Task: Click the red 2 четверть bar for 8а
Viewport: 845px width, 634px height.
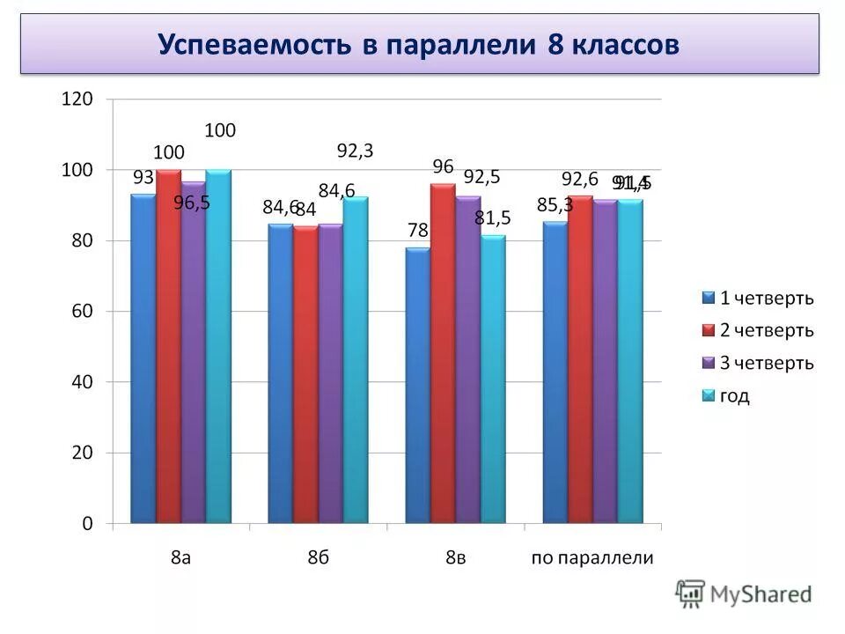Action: pyautogui.click(x=168, y=347)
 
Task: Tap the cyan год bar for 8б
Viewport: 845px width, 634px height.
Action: pyautogui.click(x=356, y=360)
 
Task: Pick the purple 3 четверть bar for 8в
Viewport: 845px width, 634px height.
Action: pyautogui.click(x=467, y=360)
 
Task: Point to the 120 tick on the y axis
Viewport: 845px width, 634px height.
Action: pyautogui.click(x=77, y=100)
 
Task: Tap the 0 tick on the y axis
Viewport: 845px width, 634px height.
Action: pyautogui.click(x=87, y=524)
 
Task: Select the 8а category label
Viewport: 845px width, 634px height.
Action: pyautogui.click(x=180, y=557)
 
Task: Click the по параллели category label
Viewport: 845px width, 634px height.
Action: pyautogui.click(x=592, y=557)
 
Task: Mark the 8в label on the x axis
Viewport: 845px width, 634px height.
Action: pyautogui.click(x=455, y=557)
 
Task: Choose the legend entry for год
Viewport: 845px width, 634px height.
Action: pyautogui.click(x=735, y=396)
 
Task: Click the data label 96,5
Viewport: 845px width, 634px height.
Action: pyautogui.click(x=191, y=203)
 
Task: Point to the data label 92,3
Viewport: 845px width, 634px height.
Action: pyautogui.click(x=356, y=151)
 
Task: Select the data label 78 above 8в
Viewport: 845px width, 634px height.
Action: pyautogui.click(x=417, y=231)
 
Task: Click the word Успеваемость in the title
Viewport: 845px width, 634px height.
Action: pyautogui.click(x=255, y=45)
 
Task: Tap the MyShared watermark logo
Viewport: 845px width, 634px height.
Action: pyautogui.click(x=745, y=593)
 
